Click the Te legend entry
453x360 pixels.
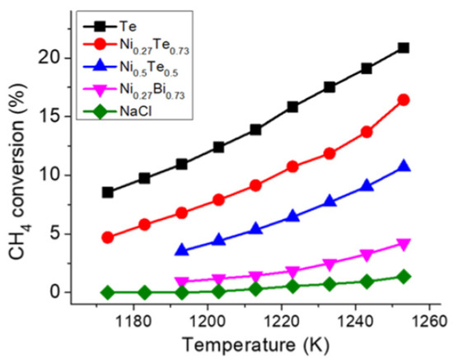click(x=135, y=26)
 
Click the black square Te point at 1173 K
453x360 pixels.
click(x=107, y=192)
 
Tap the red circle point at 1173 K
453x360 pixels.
click(x=107, y=237)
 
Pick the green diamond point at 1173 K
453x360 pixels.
click(x=107, y=292)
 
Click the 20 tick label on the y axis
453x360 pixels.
click(x=51, y=58)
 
